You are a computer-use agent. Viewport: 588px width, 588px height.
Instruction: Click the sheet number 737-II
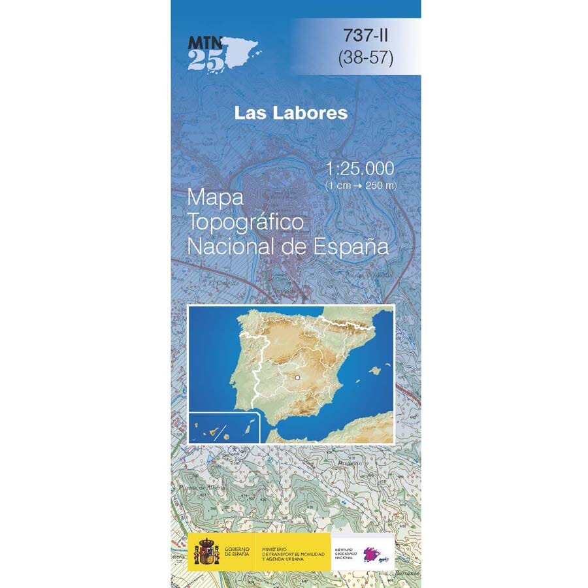pos(366,36)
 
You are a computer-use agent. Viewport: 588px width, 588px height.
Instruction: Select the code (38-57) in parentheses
pos(366,59)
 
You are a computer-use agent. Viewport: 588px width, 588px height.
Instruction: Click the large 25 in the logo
pos(205,61)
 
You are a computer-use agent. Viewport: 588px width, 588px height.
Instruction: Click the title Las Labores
pos(291,113)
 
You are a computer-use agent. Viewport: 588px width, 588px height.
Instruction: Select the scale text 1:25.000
pos(360,169)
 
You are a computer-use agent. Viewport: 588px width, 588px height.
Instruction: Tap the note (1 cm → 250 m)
pos(360,186)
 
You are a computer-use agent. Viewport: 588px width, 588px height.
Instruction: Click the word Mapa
pos(215,197)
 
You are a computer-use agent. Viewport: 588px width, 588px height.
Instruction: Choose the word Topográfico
pos(245,222)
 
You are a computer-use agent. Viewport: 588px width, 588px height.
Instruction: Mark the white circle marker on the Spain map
pos(297,377)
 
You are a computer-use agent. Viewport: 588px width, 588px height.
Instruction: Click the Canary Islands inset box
pos(224,428)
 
